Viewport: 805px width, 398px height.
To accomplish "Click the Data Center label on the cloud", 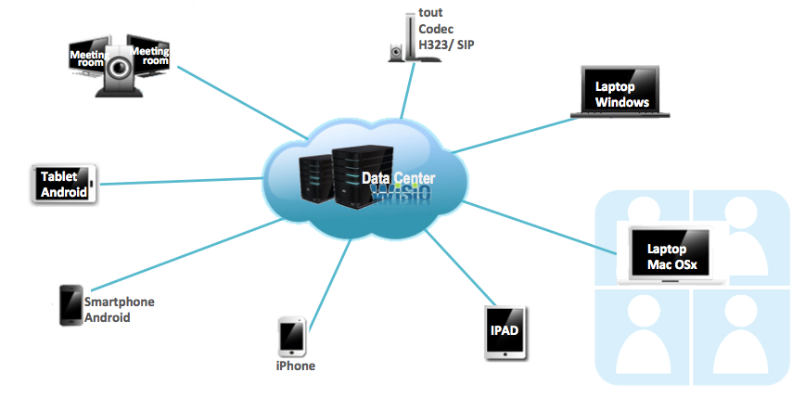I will tap(398, 179).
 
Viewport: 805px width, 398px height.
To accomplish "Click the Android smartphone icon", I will tap(70, 304).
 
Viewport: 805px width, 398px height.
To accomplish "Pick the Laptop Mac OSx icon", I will tap(671, 253).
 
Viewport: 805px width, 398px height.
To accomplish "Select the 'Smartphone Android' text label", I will tap(119, 310).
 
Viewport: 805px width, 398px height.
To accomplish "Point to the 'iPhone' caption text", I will tap(295, 366).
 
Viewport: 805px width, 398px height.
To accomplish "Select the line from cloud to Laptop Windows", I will tap(510, 134).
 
